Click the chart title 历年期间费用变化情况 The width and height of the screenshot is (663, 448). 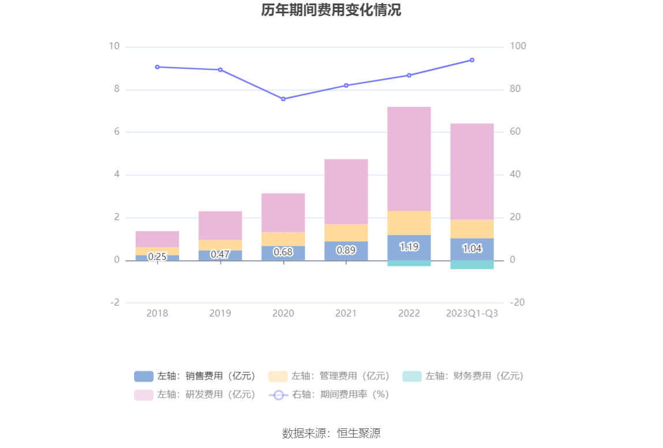click(331, 10)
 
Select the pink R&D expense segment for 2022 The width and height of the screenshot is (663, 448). click(409, 159)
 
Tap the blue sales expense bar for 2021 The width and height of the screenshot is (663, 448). click(346, 251)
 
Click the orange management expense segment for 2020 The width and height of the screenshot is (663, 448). click(283, 239)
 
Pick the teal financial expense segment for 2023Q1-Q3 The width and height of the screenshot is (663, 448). click(472, 264)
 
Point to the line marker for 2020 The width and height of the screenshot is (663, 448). click(283, 99)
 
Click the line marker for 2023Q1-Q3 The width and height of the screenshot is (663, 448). click(472, 60)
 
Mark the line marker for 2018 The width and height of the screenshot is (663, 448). click(157, 67)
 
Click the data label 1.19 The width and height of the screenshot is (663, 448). click(409, 247)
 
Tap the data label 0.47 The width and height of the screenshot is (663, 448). click(220, 254)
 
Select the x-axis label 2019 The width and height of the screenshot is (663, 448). click(220, 313)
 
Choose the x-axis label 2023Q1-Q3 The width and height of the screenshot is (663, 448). click(472, 313)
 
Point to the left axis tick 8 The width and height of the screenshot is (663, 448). click(116, 89)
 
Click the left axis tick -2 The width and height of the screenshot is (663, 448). click(114, 303)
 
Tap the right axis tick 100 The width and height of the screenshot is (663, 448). click(519, 47)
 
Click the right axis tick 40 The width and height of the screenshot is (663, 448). click(516, 175)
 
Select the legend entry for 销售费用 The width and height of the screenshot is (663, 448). click(195, 376)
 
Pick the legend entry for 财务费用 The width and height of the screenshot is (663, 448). click(463, 376)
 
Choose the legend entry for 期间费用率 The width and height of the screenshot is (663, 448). click(329, 395)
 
